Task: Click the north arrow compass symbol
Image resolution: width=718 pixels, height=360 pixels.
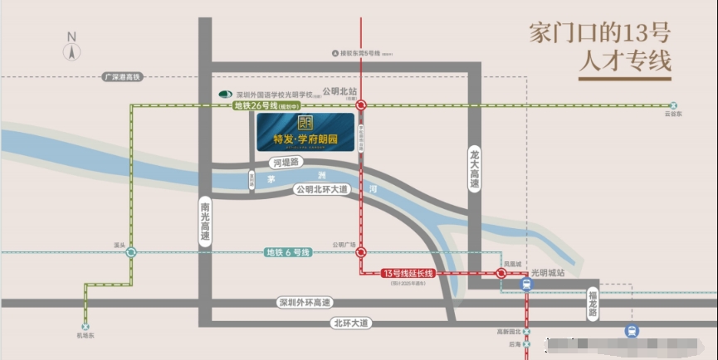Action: [x=72, y=49]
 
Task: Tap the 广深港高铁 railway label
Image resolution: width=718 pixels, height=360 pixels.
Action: [x=123, y=76]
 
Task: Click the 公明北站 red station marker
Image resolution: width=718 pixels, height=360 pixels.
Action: [x=362, y=105]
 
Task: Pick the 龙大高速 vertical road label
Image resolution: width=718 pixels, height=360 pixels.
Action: [x=475, y=168]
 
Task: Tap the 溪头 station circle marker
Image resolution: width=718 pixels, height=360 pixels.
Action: [x=131, y=253]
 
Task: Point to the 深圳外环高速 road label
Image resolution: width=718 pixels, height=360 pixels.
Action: [x=305, y=303]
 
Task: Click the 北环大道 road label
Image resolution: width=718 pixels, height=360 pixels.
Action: [x=349, y=322]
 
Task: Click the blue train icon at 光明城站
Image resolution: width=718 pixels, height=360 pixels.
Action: [x=526, y=284]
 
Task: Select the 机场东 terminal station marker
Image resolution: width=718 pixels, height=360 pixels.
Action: [x=85, y=326]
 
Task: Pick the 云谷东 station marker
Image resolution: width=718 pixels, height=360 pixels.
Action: [x=674, y=105]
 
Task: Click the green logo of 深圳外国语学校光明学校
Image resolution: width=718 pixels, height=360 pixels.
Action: [x=223, y=95]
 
